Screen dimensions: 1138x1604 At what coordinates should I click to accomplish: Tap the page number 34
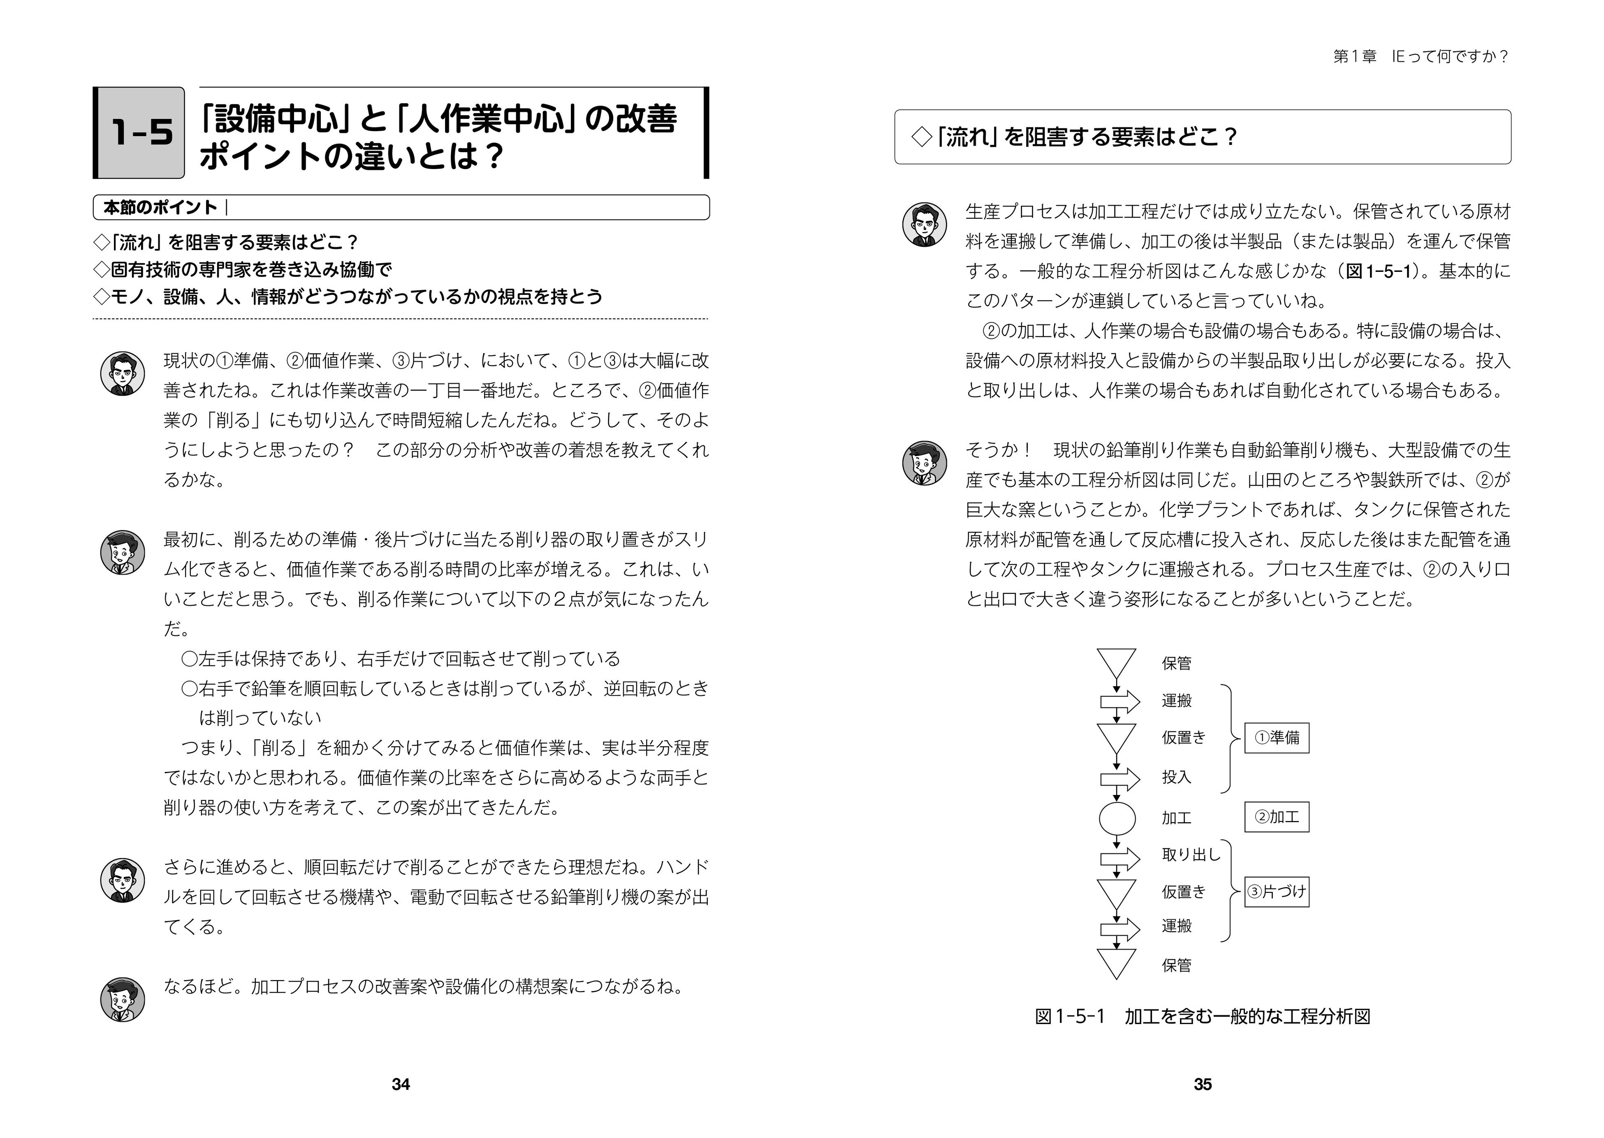400,1084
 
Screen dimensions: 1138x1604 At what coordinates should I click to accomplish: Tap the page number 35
1203,1084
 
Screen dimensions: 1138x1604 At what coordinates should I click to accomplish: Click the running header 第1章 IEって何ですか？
1421,57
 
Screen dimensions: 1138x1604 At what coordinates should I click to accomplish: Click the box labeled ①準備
1276,738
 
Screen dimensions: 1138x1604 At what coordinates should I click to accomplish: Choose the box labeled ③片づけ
1276,892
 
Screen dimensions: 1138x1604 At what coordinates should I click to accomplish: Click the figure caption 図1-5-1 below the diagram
1203,1017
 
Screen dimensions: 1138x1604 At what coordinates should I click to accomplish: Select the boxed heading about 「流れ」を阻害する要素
1203,137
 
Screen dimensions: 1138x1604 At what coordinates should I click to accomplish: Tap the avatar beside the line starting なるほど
123,999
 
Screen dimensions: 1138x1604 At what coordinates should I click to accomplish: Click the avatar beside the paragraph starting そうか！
924,463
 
